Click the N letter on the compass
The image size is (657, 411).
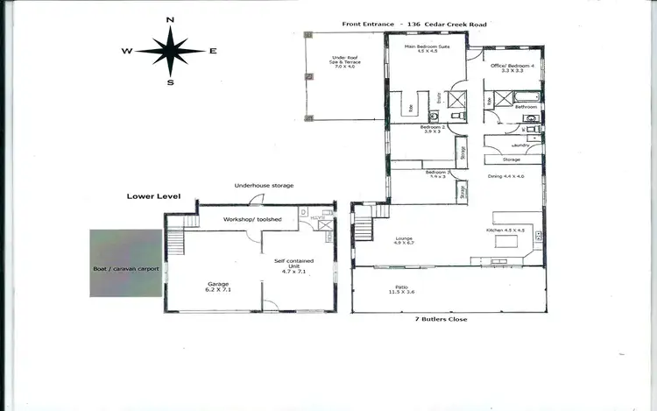(x=171, y=19)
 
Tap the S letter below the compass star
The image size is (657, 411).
(x=171, y=83)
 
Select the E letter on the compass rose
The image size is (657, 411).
(x=213, y=51)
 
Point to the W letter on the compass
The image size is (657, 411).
(x=128, y=52)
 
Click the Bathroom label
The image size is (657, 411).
(x=526, y=107)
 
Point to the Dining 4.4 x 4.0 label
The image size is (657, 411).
(x=505, y=176)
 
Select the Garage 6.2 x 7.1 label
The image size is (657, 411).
(x=217, y=287)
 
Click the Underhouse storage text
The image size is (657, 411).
(x=264, y=186)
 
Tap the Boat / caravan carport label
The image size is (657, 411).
(x=126, y=269)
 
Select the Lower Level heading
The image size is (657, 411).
(x=152, y=197)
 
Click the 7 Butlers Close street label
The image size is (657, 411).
(x=441, y=319)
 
